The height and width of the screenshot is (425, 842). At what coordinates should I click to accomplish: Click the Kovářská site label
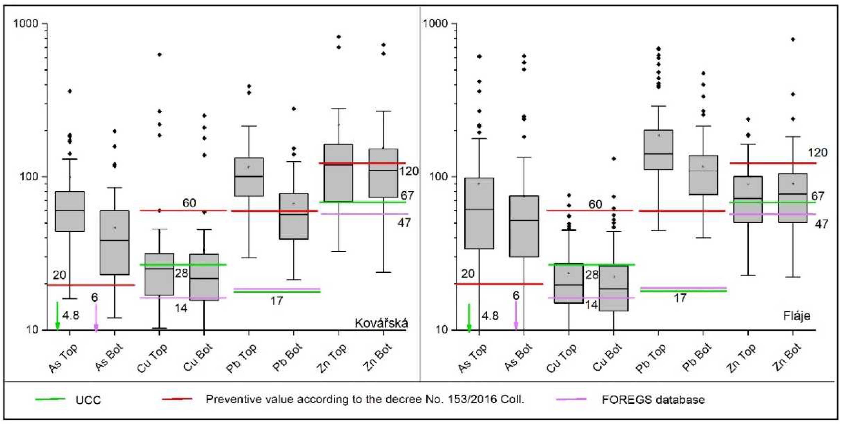pos(381,323)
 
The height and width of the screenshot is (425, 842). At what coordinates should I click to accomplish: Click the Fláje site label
pos(797,316)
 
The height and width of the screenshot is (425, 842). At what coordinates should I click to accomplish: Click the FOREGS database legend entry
pos(653,399)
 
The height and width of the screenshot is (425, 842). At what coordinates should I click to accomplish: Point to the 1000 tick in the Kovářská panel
pos(26,24)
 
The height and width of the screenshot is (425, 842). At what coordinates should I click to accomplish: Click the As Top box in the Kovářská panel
pos(70,211)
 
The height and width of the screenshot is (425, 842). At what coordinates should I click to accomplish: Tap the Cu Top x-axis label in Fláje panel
pos(561,358)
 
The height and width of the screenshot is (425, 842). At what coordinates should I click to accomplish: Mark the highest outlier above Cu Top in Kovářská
pos(159,54)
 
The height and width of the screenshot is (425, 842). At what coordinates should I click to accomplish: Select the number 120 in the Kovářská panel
pos(408,171)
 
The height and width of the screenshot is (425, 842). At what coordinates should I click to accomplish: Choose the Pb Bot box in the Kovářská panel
pos(294,216)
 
